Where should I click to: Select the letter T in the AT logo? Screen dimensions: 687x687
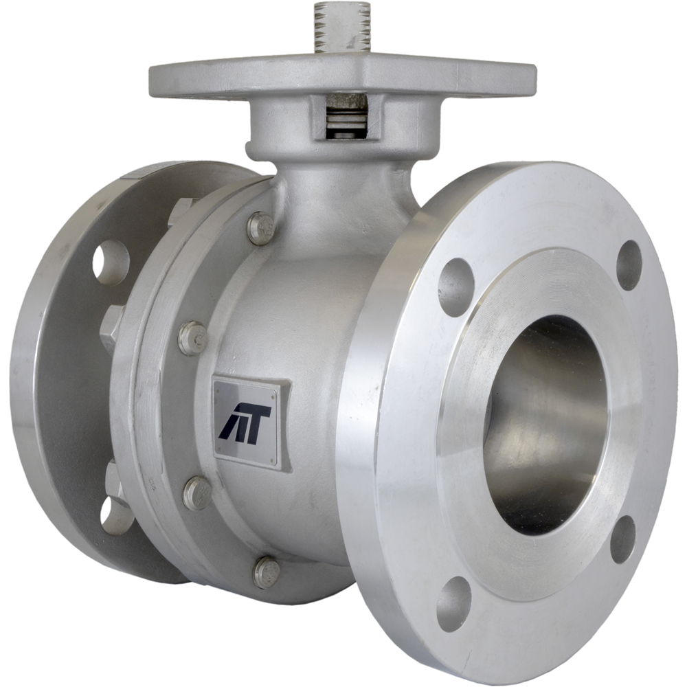coord(258,420)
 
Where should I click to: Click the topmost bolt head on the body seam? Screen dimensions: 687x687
coord(260,227)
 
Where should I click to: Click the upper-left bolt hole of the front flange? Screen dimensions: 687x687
coord(454,278)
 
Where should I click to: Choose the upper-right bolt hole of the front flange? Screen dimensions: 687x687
coord(629,265)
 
